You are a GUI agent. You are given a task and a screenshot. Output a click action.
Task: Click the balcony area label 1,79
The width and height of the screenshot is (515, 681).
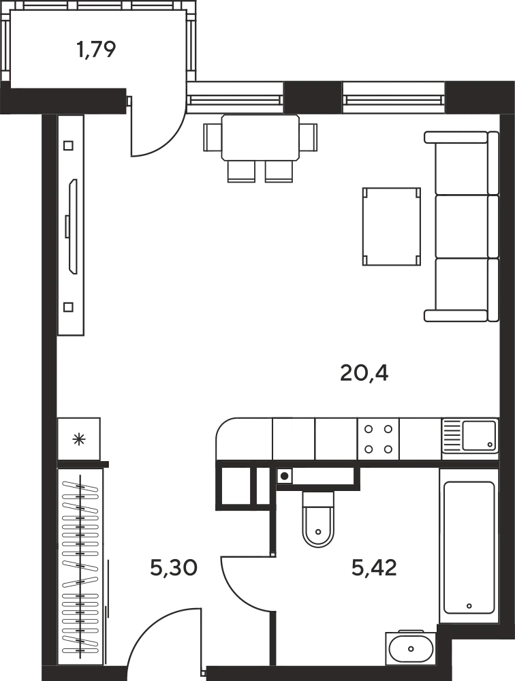[x=96, y=49]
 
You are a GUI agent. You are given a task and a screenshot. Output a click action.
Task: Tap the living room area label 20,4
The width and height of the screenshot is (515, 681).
[x=364, y=373]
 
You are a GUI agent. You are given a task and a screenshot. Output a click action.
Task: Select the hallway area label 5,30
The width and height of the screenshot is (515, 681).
[x=174, y=567]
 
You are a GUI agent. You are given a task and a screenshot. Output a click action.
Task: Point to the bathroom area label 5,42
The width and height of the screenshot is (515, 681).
[x=374, y=567]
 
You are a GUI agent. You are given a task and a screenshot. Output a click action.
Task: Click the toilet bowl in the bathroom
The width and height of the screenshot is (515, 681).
[x=318, y=520]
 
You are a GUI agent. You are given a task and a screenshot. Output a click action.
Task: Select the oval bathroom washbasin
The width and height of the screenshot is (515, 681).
[x=411, y=649]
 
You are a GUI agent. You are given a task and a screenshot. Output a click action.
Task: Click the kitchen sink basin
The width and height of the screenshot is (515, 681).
[x=478, y=435]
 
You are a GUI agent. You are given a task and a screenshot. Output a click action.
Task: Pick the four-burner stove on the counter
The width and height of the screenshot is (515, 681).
[x=378, y=439]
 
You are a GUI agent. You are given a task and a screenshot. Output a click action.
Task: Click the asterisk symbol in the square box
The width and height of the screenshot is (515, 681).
[x=78, y=439]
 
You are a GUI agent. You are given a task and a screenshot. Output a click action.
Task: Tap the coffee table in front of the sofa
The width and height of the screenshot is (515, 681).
[x=391, y=226]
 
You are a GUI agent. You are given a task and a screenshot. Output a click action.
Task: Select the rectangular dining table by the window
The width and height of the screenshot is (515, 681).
[x=260, y=138]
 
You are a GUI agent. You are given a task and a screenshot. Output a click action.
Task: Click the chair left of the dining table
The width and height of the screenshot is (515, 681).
[x=213, y=138]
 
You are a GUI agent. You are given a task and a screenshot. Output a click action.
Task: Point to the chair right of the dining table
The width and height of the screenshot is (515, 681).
[x=308, y=138]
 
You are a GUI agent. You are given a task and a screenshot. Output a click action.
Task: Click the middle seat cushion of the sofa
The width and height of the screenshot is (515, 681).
[x=461, y=226]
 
